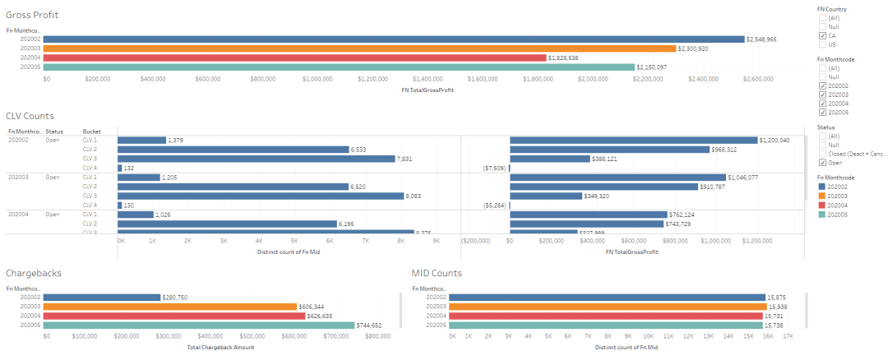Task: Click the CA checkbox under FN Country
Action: pos(822,35)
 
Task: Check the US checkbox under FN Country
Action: pos(822,44)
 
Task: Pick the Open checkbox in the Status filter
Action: pos(822,163)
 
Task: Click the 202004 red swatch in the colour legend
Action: pos(822,205)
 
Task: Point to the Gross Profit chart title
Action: pos(32,16)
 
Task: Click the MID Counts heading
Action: pos(437,272)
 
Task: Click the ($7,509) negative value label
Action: pos(495,168)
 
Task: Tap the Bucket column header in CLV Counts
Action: pos(91,131)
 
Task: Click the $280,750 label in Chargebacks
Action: pos(178,298)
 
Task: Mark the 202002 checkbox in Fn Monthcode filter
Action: pos(822,86)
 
